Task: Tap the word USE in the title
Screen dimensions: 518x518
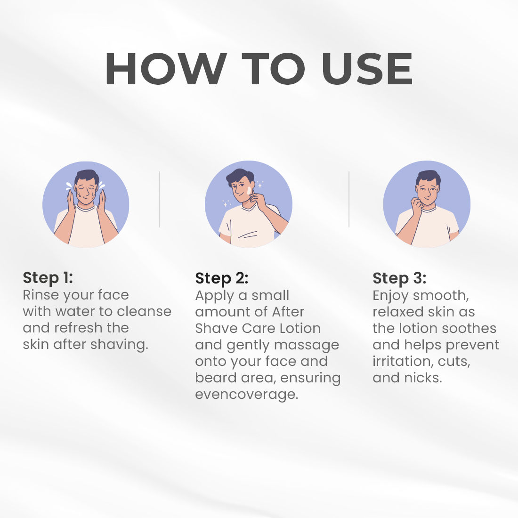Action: tap(367, 69)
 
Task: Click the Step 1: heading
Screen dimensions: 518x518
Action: tap(48, 278)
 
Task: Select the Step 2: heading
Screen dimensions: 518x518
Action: tap(222, 278)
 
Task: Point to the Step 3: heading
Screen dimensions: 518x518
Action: tap(399, 278)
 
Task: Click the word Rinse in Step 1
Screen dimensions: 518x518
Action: tap(40, 295)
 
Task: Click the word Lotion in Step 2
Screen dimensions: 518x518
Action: tap(300, 328)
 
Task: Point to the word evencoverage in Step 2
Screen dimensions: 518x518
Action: tap(246, 395)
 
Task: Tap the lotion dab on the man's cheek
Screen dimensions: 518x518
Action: tap(249, 191)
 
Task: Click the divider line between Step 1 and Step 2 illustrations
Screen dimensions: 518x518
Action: tap(159, 199)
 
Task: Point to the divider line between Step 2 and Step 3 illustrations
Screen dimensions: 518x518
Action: tap(349, 199)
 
